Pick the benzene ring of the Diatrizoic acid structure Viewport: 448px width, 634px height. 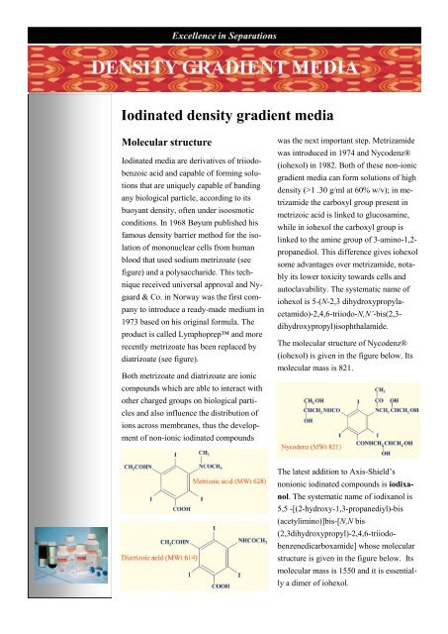point(218,575)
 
